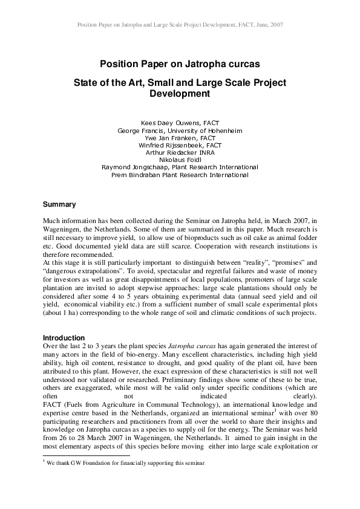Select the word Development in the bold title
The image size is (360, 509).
click(180, 94)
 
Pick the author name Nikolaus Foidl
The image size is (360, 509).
click(180, 160)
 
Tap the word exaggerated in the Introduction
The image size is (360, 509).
click(97, 390)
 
